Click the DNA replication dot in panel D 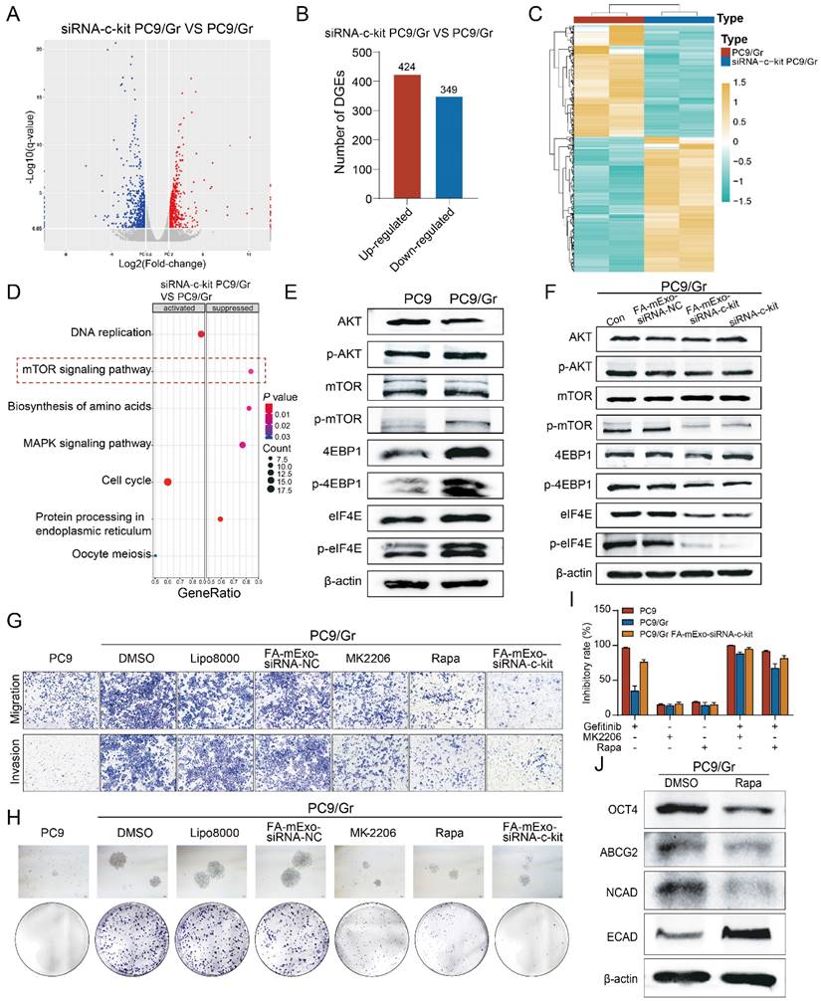tap(201, 334)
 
